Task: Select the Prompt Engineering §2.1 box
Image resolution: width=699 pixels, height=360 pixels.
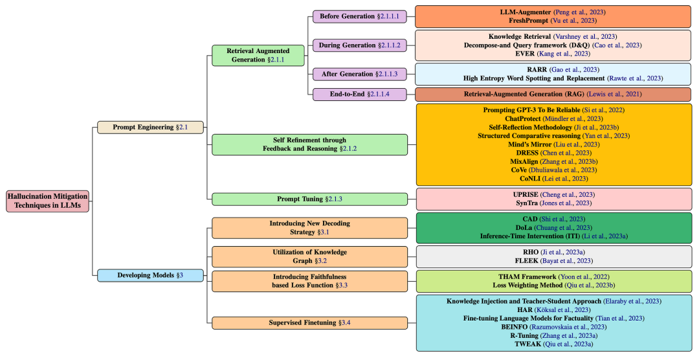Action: [x=151, y=128]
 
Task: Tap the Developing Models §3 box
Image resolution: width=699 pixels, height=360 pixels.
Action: [x=151, y=275]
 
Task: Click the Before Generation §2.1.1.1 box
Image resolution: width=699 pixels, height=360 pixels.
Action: [x=360, y=16]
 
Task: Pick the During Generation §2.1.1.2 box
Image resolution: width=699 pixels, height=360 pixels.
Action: [x=360, y=45]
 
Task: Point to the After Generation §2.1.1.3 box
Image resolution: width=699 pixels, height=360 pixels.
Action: [x=360, y=74]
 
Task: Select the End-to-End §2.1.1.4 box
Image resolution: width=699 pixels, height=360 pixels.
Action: [x=360, y=95]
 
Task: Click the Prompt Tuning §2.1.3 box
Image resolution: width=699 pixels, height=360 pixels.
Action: [x=309, y=199]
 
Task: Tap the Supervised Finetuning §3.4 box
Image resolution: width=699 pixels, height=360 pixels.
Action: [x=309, y=322]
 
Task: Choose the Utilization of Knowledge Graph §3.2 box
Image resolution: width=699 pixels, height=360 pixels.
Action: [x=309, y=256]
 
